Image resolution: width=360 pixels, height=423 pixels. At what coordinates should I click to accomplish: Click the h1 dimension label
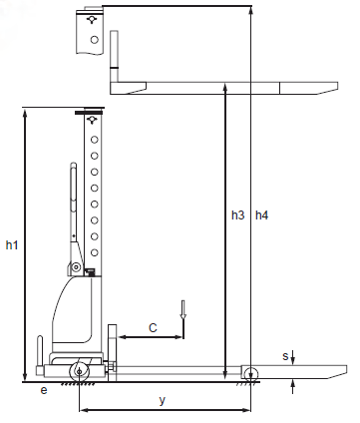12,245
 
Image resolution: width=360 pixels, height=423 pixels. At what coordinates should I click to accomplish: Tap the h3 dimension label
238,215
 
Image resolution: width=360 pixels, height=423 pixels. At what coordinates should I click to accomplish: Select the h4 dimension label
261,215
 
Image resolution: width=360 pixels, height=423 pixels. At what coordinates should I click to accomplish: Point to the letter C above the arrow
153,328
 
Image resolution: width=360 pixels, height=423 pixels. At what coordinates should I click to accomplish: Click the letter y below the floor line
162,400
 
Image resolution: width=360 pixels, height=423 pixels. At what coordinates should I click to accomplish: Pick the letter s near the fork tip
285,356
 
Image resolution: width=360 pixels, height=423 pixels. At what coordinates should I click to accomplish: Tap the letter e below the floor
44,390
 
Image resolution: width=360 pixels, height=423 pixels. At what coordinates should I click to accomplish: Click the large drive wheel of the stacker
80,372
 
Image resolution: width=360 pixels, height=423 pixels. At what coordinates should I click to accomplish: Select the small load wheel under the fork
250,374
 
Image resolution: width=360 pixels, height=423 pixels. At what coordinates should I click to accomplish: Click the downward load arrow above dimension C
182,310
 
